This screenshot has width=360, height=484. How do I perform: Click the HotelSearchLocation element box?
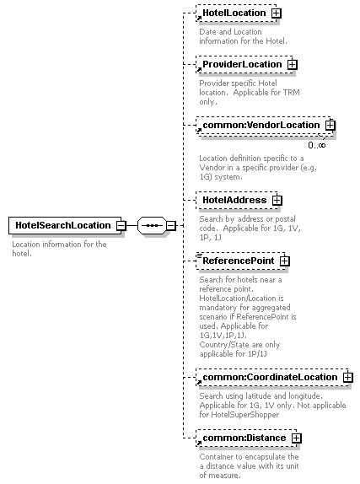coord(65,225)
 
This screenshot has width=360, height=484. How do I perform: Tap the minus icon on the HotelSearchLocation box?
coord(121,226)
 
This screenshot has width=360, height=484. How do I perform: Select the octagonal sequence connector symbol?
coord(152,226)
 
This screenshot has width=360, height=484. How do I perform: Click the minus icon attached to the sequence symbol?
coord(171,226)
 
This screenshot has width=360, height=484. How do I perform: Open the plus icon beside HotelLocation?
coord(276,13)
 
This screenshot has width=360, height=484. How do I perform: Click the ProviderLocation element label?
coord(242,64)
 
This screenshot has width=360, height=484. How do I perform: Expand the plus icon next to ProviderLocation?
coord(292,65)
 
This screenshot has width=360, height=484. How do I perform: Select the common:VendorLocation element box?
coord(265,126)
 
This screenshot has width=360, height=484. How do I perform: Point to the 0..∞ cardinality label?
coord(317,145)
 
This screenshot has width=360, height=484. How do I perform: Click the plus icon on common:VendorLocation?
coord(330,125)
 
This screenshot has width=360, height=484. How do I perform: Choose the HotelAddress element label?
coord(234,200)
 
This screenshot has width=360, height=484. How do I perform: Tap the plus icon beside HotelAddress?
coord(277,201)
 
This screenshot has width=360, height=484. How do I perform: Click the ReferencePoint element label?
coord(238,261)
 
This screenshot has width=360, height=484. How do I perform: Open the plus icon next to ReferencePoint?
coord(284,261)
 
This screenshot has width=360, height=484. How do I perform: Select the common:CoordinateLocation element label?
coord(270,377)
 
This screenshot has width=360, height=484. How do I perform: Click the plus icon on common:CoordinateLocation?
coord(347,377)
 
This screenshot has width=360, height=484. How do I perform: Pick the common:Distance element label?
coord(244,438)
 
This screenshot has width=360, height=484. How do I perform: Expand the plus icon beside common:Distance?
coord(297,438)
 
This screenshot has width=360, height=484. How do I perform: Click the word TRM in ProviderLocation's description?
coord(293,92)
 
